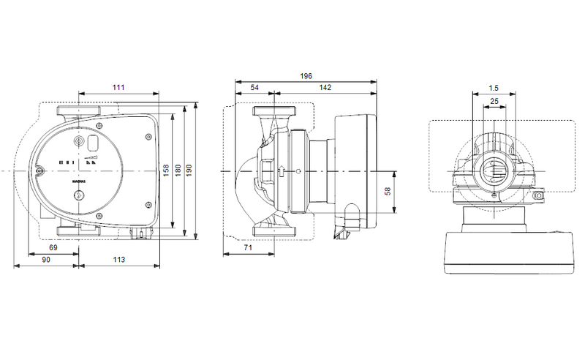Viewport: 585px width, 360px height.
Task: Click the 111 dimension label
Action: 118,88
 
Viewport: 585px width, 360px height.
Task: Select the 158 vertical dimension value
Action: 167,170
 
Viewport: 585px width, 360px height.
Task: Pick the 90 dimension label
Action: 45,259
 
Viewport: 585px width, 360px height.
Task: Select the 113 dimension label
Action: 118,259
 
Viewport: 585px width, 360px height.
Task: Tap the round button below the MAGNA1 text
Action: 78,195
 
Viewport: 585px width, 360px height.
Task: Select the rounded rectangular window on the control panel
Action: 93,144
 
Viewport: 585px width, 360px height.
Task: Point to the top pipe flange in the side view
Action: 273,113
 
